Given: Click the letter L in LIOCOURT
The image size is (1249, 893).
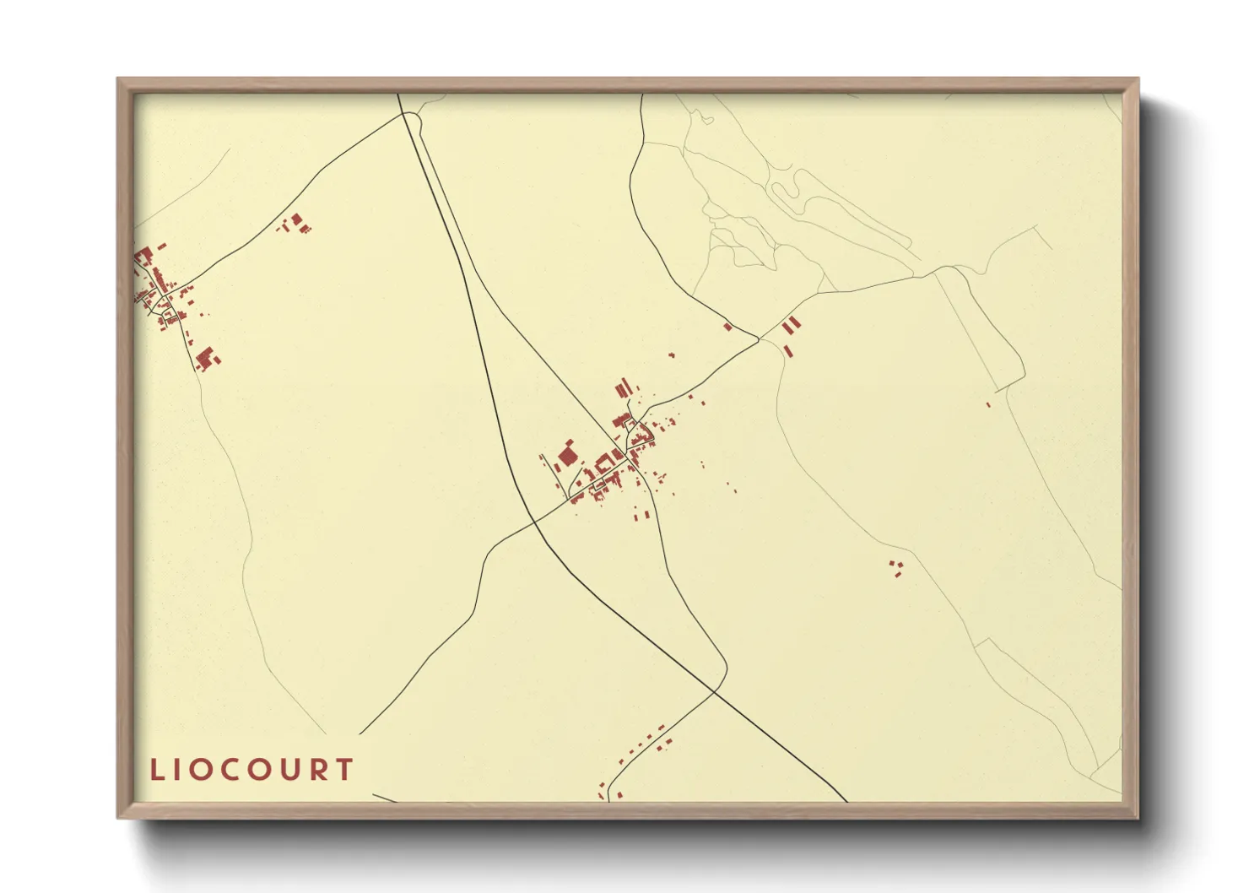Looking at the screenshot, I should point(156,770).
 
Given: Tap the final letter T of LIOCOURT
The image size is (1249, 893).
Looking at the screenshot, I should point(343,770).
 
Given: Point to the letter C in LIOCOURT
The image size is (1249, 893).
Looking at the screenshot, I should point(226,770).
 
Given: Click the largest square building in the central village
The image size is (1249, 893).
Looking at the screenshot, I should point(566,457).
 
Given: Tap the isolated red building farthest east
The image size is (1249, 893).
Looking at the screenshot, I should point(988,405).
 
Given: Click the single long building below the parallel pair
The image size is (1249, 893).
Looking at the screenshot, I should point(788,349).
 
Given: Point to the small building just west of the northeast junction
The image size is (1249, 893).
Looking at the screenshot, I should point(727,327).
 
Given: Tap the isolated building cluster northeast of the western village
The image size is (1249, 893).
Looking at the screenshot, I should point(295,223).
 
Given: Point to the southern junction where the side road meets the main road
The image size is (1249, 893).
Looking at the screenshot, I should point(716,691).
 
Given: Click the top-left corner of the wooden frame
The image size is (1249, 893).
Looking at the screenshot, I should point(119,80).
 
